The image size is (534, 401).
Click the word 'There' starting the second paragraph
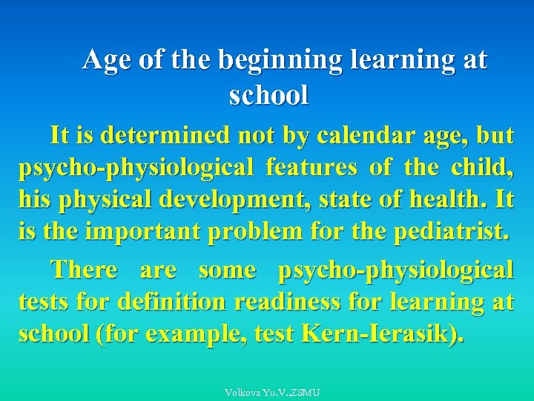(x=84, y=270)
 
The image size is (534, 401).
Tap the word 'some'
(x=227, y=270)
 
